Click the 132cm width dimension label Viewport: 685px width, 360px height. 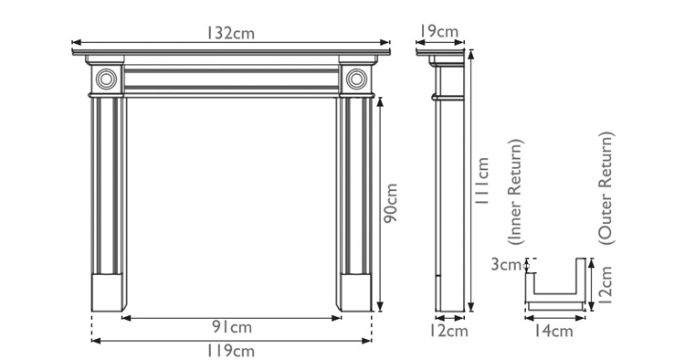click(230, 33)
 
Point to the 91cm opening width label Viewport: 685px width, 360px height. click(232, 327)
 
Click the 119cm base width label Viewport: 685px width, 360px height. click(232, 350)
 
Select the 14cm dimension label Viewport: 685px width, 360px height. click(555, 331)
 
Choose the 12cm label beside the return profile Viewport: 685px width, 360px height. click(606, 282)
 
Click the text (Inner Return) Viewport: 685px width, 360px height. click(516, 193)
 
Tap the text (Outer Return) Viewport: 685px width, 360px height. click(606, 186)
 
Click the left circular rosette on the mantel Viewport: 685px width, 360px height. click(107, 79)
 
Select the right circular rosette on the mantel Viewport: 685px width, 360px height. click(356, 79)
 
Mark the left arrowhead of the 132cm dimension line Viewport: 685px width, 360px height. click(75, 42)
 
